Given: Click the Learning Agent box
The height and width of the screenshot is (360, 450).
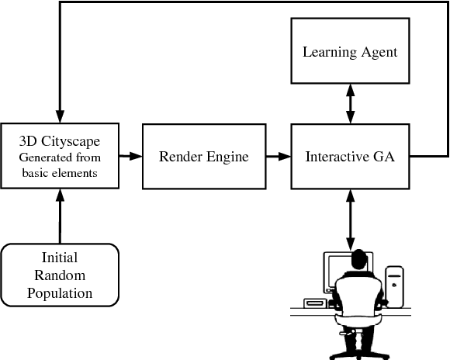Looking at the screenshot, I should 350,53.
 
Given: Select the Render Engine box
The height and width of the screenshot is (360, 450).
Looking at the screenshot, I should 203,156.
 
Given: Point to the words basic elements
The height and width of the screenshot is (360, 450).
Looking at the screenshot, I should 59,173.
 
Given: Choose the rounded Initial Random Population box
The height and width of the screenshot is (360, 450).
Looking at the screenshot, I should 60,274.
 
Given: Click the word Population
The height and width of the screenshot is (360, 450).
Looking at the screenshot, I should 60,292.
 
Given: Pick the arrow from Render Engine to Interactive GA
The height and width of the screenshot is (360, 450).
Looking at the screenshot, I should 277,156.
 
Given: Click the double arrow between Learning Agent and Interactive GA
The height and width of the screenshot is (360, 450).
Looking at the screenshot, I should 350,103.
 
